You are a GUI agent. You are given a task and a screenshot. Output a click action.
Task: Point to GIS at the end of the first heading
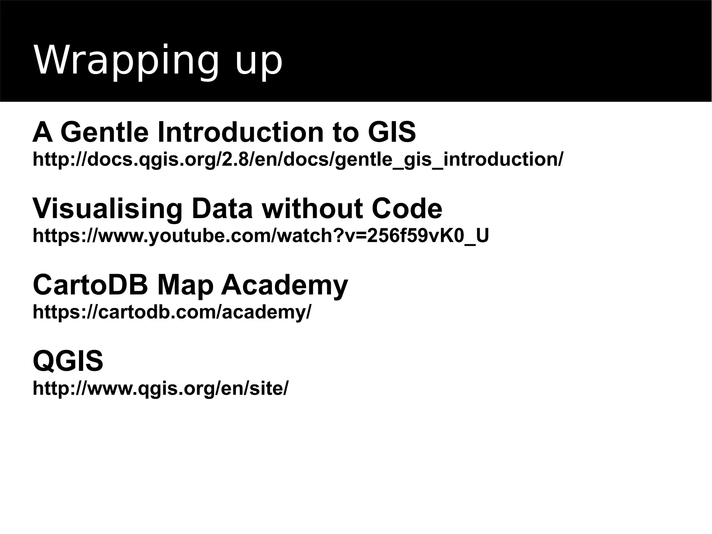pyautogui.click(x=391, y=132)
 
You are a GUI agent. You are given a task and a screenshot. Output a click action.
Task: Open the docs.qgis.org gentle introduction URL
pyautogui.click(x=297, y=160)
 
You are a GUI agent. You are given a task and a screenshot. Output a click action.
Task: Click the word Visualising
pyautogui.click(x=107, y=209)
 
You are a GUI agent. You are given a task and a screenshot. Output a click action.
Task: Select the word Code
pyautogui.click(x=407, y=209)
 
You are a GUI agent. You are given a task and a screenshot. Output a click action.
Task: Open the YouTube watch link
pyautogui.click(x=260, y=236)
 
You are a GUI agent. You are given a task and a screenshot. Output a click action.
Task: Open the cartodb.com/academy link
pyautogui.click(x=172, y=312)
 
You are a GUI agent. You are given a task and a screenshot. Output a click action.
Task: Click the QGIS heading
pyautogui.click(x=68, y=361)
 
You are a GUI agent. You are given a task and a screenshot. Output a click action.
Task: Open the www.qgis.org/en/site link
pyautogui.click(x=160, y=388)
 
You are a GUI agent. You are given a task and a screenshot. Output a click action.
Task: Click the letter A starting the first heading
pyautogui.click(x=42, y=132)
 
